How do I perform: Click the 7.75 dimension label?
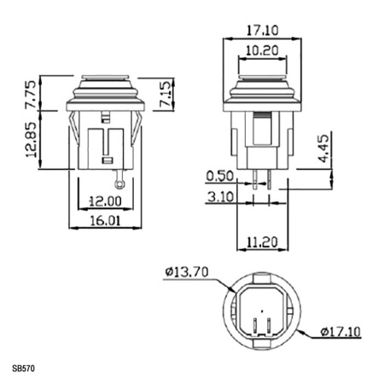[x=32, y=96]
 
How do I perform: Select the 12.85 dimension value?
[x=32, y=138]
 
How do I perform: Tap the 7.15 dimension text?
[x=166, y=90]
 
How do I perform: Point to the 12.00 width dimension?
[x=106, y=201]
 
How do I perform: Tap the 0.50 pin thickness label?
[x=221, y=177]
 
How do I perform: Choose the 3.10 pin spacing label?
[x=221, y=197]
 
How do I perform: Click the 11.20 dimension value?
[x=263, y=243]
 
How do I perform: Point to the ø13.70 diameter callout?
[x=186, y=272]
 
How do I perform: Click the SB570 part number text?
[x=26, y=369]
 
